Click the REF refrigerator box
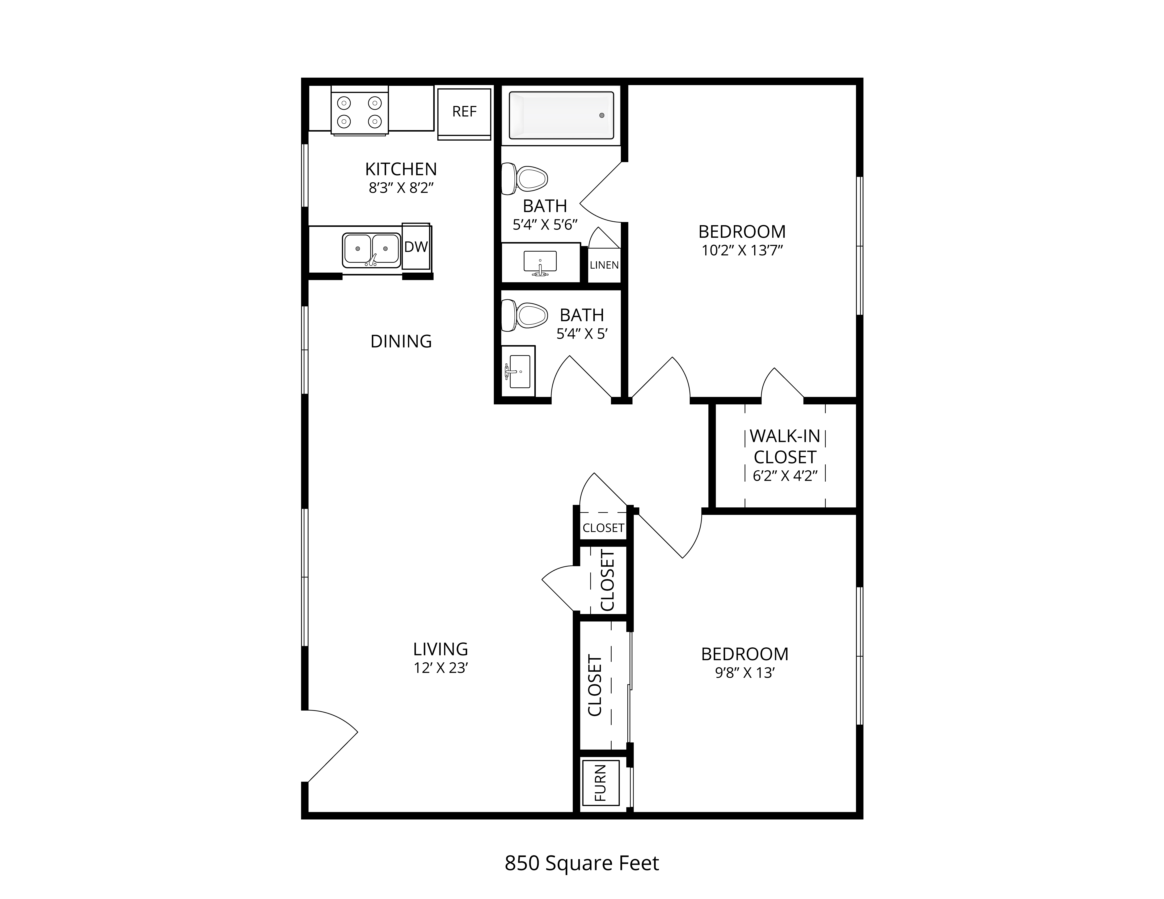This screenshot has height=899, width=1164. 464,114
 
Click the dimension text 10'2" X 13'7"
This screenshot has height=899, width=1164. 742,250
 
